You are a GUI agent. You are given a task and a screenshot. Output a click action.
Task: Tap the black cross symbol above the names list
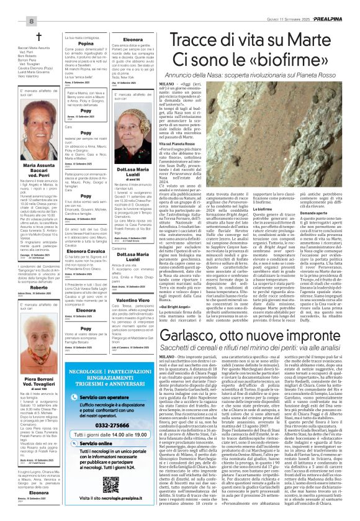click(x=38, y=37)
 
